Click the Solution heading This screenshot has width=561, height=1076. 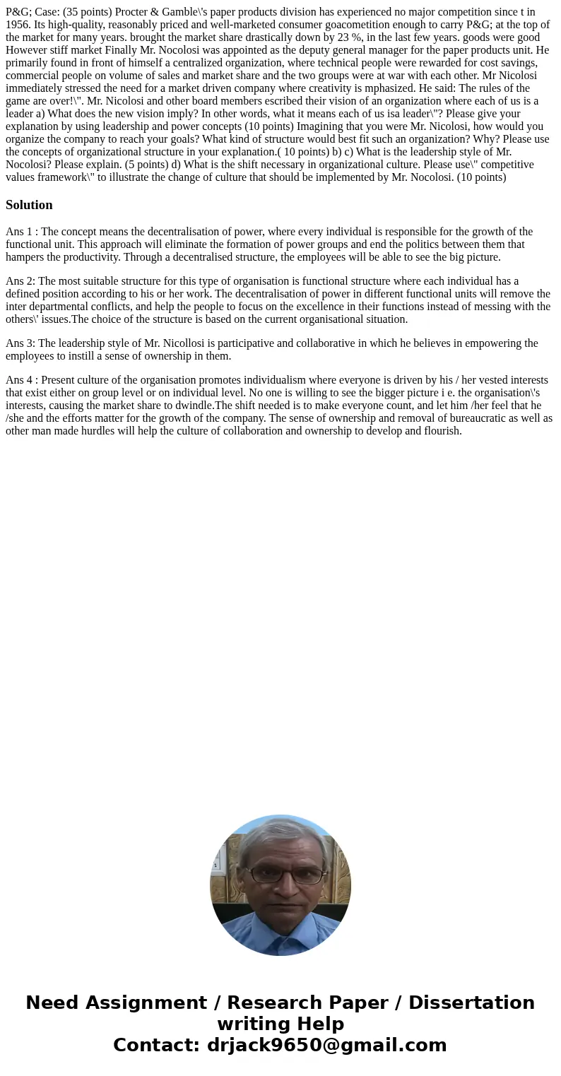coord(29,205)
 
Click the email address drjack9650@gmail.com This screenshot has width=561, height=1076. coord(326,1045)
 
